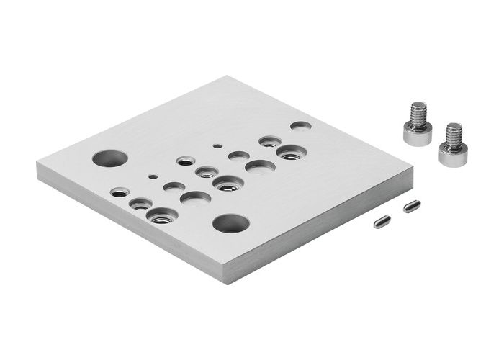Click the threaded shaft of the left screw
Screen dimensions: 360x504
(418, 113)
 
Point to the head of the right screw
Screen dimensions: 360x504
(452, 153)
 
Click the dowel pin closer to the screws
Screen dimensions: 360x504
(411, 207)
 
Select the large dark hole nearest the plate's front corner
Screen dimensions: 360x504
(230, 223)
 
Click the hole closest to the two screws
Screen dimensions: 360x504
(300, 125)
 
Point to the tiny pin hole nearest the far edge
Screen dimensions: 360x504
(217, 145)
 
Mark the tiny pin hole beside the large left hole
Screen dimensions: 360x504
(151, 175)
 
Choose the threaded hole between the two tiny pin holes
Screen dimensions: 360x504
(185, 160)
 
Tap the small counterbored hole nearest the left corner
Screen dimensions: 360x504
(120, 192)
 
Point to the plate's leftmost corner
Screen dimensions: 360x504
(37, 163)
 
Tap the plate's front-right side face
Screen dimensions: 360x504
(324, 230)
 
